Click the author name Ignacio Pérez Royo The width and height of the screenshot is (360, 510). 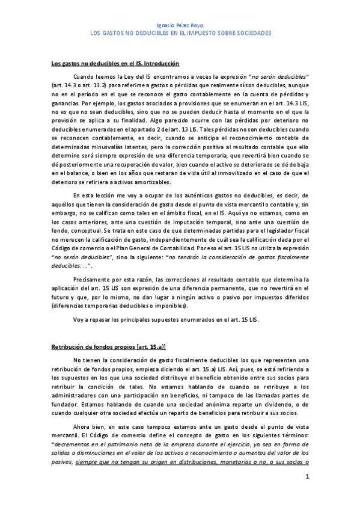[180, 26]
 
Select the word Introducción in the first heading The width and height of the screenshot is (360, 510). [159, 63]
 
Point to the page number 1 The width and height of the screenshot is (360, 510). [307, 477]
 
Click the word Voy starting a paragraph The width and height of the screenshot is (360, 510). [78, 319]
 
